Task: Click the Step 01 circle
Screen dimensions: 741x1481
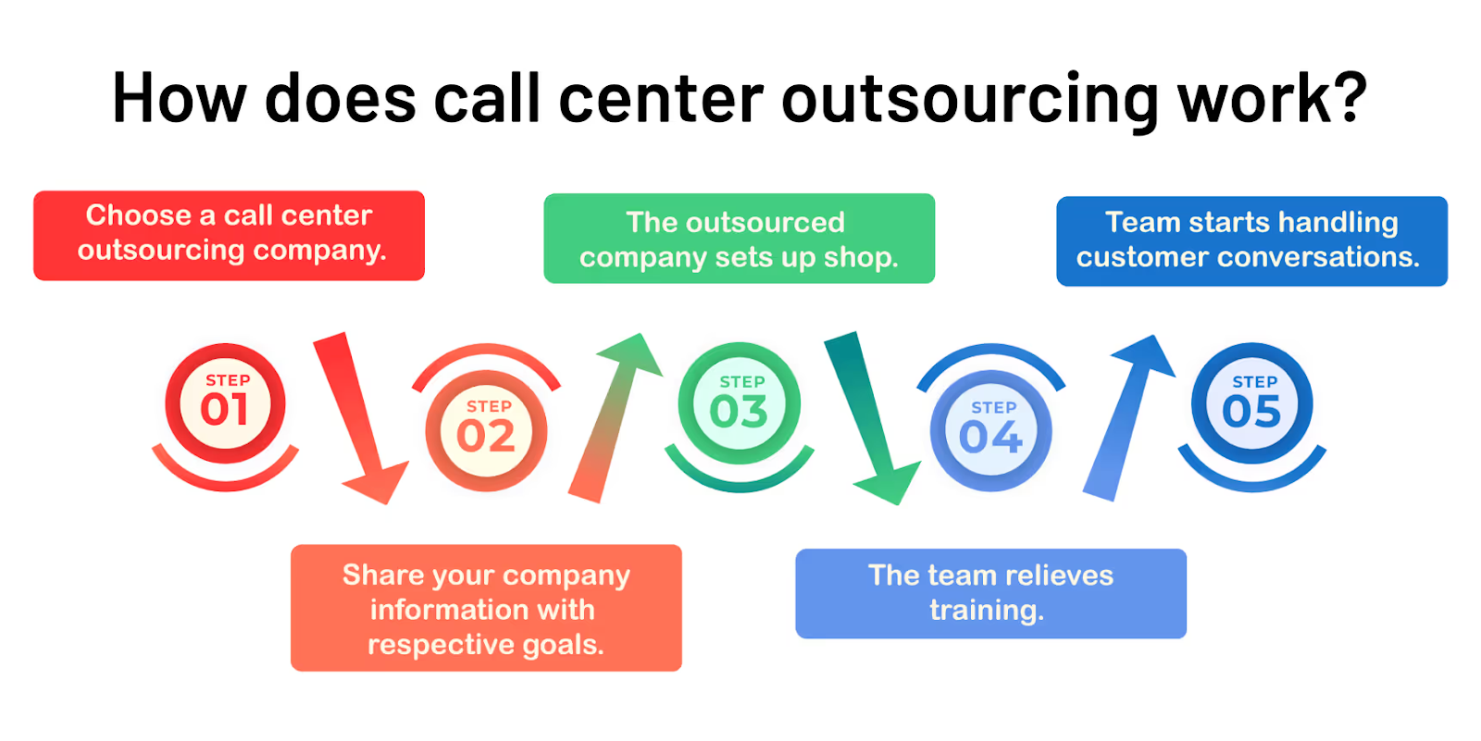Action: pyautogui.click(x=225, y=403)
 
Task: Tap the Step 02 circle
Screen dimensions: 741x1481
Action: pyautogui.click(x=486, y=431)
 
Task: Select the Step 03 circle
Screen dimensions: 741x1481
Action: pyautogui.click(x=739, y=405)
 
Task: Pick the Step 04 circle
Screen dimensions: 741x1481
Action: pyautogui.click(x=990, y=432)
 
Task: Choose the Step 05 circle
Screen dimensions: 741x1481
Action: pyautogui.click(x=1251, y=405)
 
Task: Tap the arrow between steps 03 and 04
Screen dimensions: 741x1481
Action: pyautogui.click(x=870, y=416)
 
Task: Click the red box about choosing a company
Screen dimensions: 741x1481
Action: pyautogui.click(x=229, y=235)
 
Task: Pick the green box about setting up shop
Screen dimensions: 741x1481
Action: pyautogui.click(x=739, y=239)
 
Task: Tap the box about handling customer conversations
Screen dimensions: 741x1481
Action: pyautogui.click(x=1251, y=241)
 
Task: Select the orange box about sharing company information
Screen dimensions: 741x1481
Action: pyautogui.click(x=486, y=608)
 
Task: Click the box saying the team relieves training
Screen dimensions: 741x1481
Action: pyautogui.click(x=990, y=593)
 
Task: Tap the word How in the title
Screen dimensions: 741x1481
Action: pyautogui.click(x=179, y=99)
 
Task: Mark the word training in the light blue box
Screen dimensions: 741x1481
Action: pyautogui.click(x=987, y=611)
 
